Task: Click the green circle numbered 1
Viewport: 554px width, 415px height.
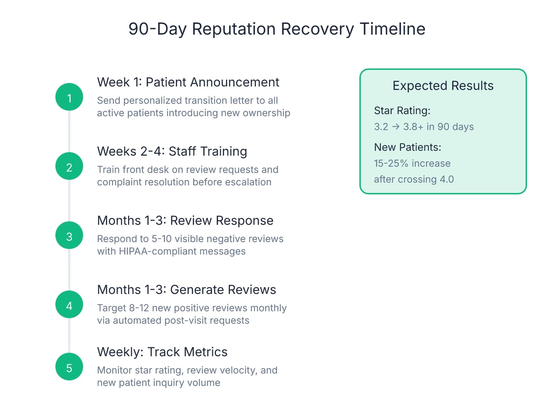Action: (69, 97)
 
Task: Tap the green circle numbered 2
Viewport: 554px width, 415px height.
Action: (69, 166)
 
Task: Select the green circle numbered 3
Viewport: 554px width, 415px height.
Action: (69, 236)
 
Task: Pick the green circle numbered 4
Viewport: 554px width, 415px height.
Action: (69, 305)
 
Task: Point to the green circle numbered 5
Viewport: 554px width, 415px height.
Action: (69, 367)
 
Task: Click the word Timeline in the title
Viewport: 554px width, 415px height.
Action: (392, 29)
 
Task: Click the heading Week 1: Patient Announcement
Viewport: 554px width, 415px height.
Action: (188, 82)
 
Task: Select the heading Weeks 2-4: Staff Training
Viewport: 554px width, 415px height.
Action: (172, 151)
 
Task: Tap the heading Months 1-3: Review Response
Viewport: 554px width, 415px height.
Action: (185, 221)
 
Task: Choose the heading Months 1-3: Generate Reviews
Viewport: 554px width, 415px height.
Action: (187, 290)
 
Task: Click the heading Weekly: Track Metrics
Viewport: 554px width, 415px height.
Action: (162, 352)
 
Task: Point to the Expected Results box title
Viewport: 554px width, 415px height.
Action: (443, 86)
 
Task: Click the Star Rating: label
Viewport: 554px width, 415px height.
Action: (402, 111)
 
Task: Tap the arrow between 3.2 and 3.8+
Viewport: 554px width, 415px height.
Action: (396, 127)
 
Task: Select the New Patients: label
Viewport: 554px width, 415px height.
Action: (408, 147)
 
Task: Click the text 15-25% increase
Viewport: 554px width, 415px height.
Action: (412, 163)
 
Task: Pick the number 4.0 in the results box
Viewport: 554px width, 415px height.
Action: (447, 179)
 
